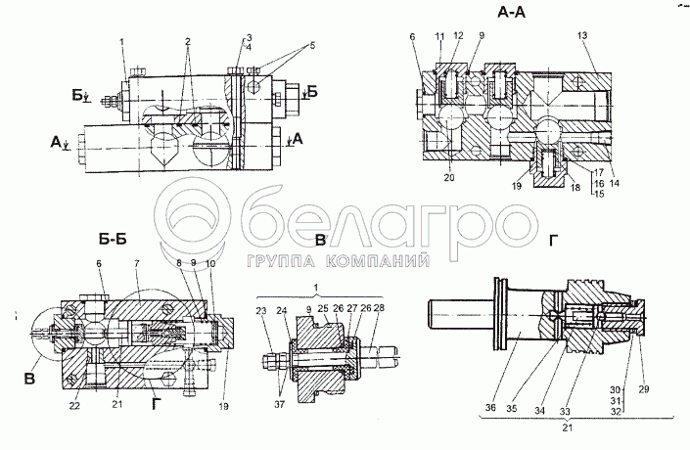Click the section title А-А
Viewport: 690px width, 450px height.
pyautogui.click(x=509, y=15)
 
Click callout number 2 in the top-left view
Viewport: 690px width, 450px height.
pyautogui.click(x=186, y=44)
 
